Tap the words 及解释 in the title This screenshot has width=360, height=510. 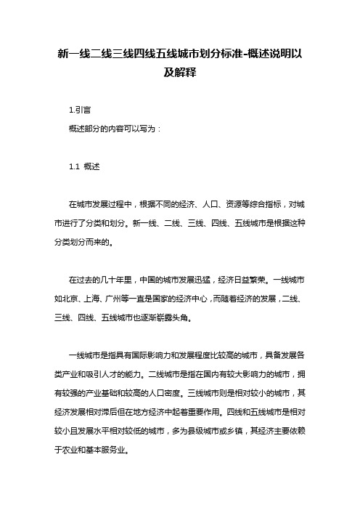[181, 73]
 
